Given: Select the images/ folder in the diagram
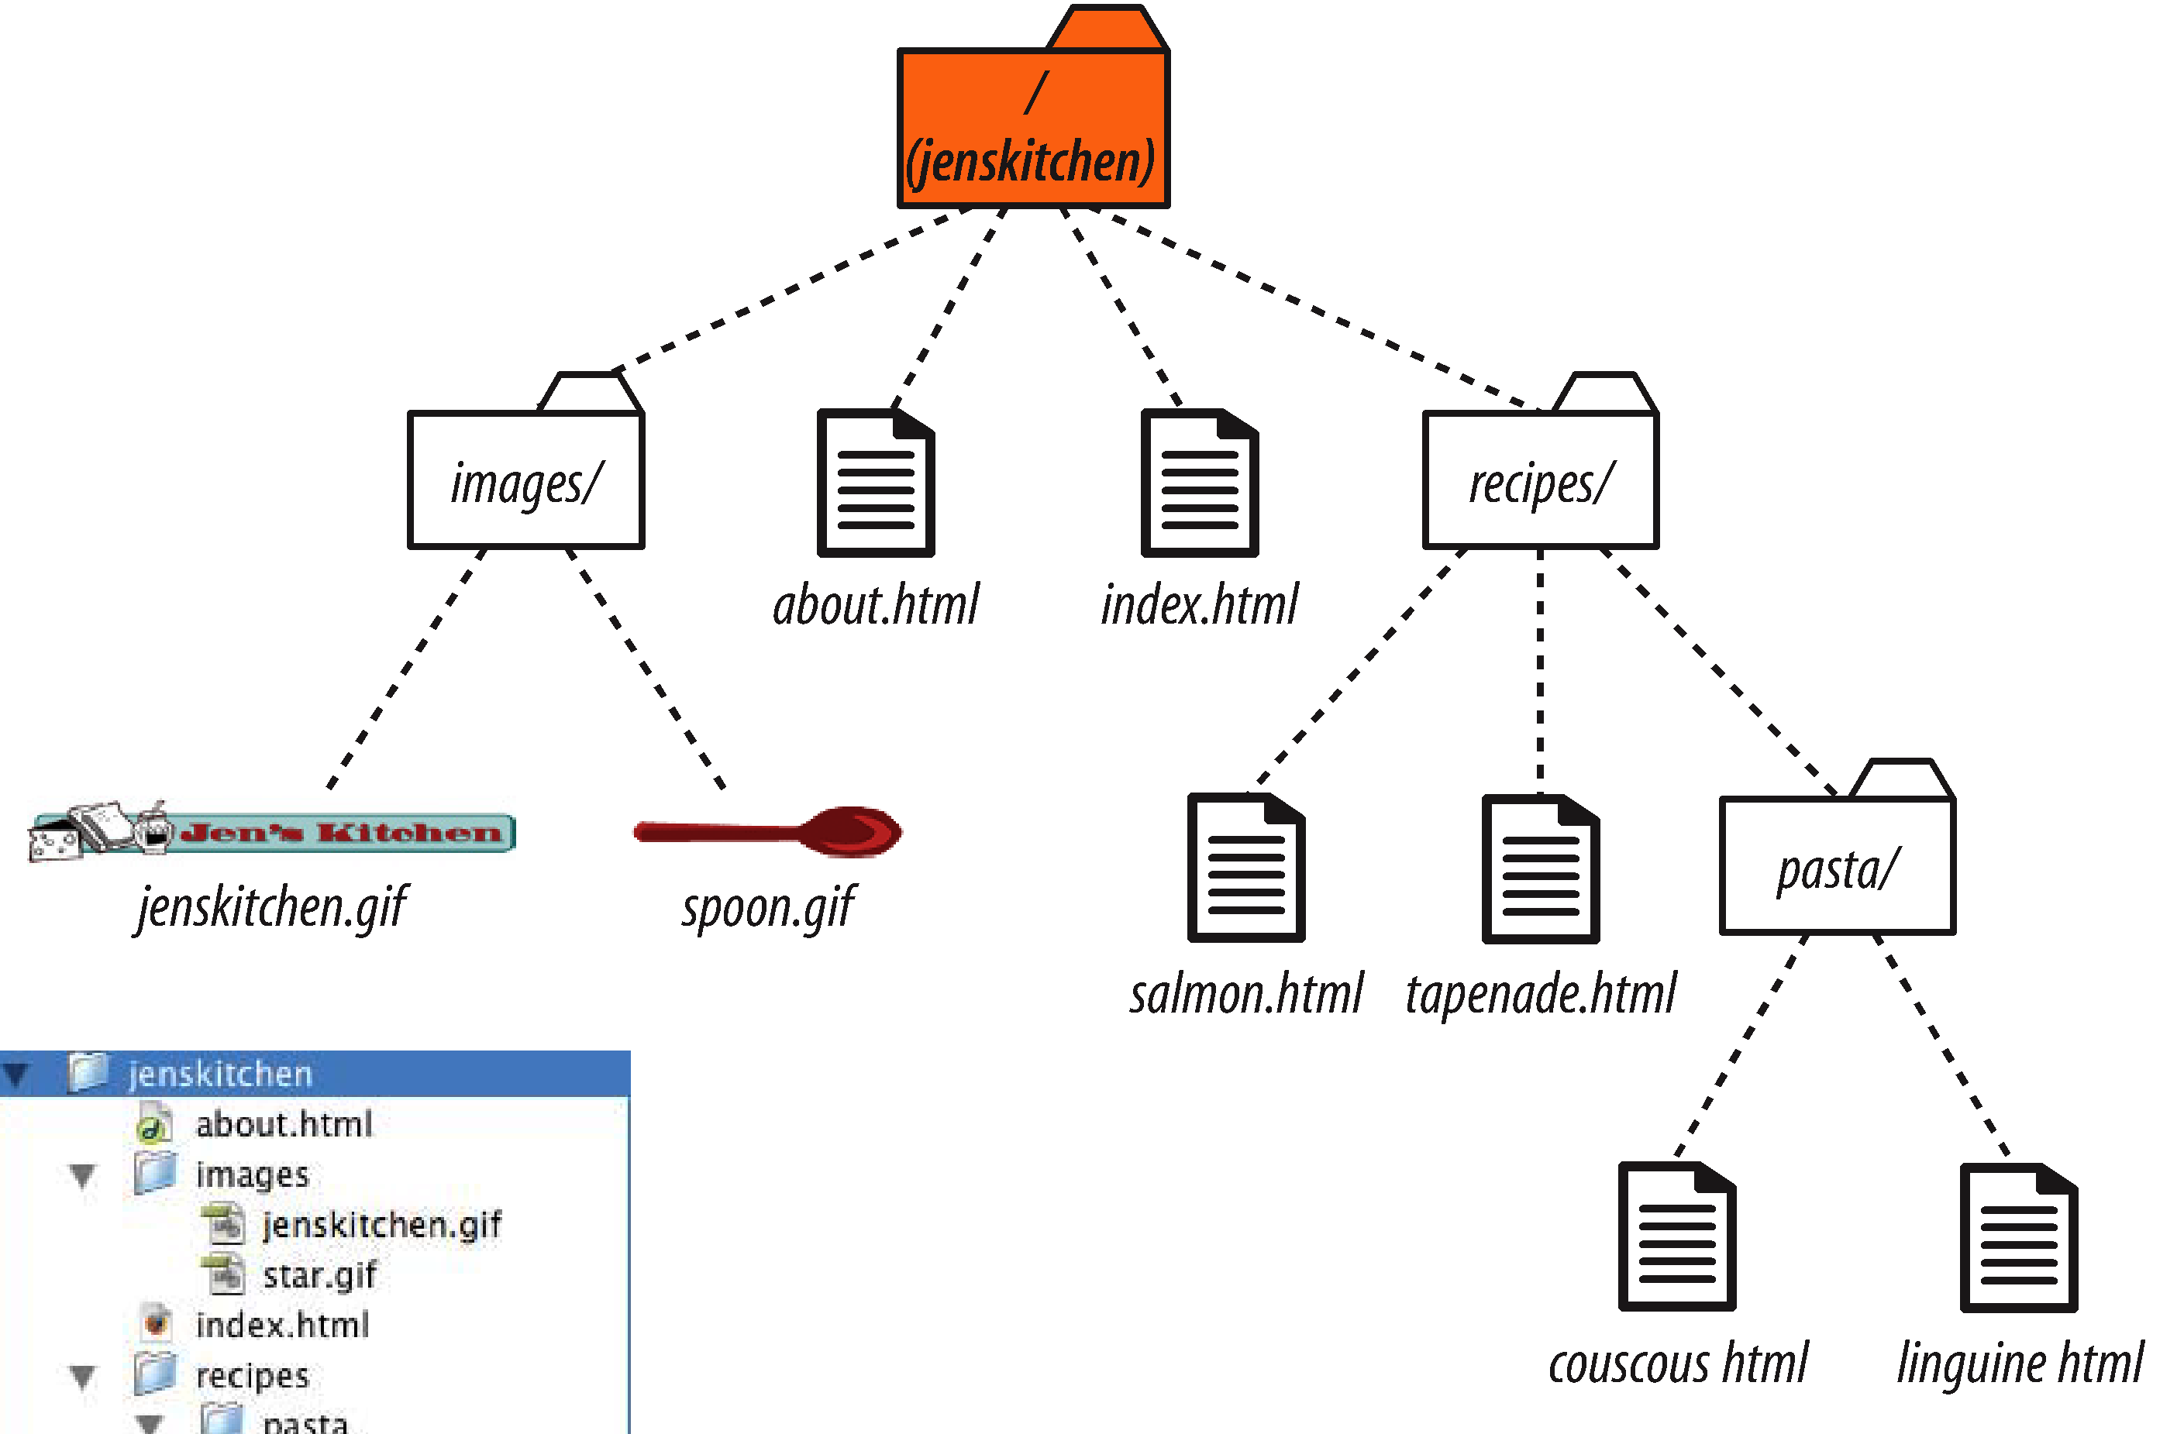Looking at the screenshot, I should pos(525,479).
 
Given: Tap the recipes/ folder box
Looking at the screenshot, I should pos(1541,479).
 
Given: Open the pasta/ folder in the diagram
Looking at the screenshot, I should pos(1837,865).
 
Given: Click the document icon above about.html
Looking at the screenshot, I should pos(877,483).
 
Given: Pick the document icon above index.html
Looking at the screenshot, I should pos(1200,483).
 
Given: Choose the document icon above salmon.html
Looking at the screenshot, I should pos(1246,868).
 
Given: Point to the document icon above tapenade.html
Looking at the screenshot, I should pos(1541,868).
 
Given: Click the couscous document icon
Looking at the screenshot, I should pos(1676,1236).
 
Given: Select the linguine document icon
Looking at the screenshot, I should pos(2019,1238).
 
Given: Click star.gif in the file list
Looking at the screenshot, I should pos(319,1275).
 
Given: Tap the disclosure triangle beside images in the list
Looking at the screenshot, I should pos(83,1175).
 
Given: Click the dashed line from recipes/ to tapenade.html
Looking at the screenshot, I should pos(1540,670).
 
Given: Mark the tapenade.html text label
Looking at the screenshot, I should pos(1541,994).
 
